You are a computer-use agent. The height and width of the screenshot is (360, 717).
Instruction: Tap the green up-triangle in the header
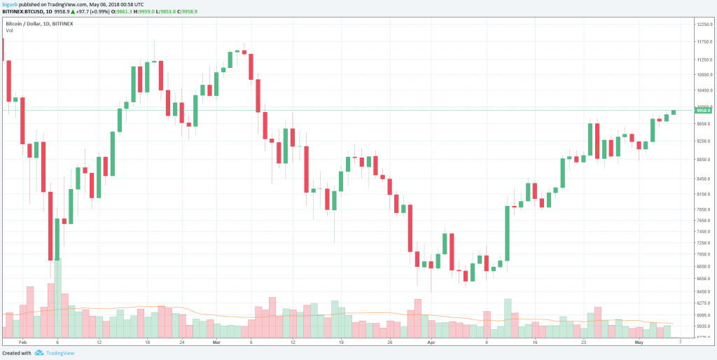click(73, 13)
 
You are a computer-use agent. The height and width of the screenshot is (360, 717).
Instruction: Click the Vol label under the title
click(10, 30)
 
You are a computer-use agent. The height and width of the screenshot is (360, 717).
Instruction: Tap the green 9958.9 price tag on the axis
click(702, 110)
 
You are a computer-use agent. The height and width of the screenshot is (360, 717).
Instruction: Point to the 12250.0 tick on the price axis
click(702, 25)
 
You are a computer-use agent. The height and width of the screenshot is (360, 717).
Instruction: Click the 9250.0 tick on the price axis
click(702, 141)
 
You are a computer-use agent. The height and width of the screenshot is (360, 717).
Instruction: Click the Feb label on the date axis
click(22, 342)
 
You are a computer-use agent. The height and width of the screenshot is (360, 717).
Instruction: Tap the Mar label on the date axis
click(216, 342)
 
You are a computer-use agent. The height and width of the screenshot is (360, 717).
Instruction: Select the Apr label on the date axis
click(431, 342)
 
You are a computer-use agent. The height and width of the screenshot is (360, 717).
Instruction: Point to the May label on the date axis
click(638, 342)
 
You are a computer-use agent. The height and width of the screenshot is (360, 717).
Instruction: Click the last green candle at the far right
click(674, 112)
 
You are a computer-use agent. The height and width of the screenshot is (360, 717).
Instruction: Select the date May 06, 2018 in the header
click(103, 5)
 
